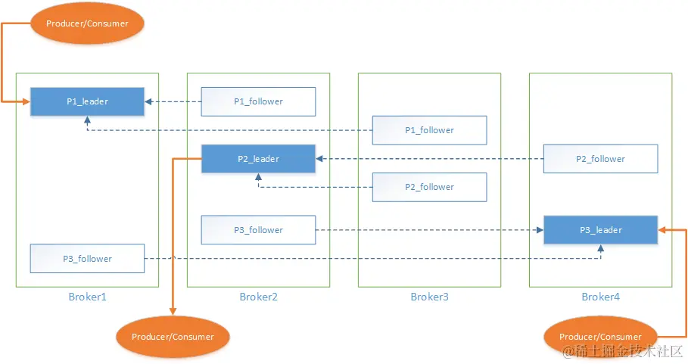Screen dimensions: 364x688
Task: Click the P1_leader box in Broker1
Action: coord(87,101)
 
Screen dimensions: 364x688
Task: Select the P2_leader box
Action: coord(258,159)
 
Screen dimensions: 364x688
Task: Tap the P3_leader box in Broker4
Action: coord(600,230)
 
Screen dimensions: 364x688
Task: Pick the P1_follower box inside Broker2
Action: coord(258,101)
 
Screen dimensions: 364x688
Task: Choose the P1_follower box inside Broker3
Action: coord(429,130)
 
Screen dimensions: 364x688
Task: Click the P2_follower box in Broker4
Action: coord(600,159)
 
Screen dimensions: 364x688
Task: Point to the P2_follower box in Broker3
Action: coord(429,187)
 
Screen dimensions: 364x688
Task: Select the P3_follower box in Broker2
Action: coord(258,230)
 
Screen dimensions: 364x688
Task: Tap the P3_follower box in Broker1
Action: coord(87,259)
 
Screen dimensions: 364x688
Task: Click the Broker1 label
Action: coord(87,297)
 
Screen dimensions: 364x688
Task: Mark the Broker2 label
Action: coord(258,297)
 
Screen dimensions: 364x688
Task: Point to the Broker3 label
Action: coord(429,297)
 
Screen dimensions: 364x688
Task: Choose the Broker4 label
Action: coord(600,297)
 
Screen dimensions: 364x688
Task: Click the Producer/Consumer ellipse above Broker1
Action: coord(87,23)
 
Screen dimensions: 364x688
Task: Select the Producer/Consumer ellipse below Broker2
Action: coord(173,337)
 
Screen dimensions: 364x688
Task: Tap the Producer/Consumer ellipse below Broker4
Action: coord(600,337)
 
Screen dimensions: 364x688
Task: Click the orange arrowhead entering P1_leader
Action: coord(26,101)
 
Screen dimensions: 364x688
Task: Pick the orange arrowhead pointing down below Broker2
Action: coord(173,310)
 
